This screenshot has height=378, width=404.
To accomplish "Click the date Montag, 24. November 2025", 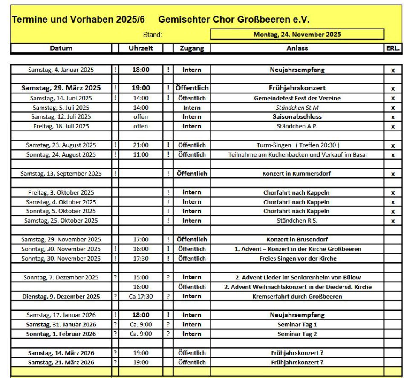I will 297,35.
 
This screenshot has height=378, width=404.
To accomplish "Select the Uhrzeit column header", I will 141,48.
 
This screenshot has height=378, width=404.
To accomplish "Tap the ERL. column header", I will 392,48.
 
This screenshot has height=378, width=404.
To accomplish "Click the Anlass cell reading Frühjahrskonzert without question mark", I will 297,88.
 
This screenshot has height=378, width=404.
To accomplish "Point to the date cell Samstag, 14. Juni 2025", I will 61,98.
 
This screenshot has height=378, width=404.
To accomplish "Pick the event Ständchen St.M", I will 297,108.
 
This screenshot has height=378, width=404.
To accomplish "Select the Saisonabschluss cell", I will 297,117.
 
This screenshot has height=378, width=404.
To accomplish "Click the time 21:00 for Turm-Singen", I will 141,145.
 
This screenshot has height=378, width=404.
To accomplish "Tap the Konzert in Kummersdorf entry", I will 297,174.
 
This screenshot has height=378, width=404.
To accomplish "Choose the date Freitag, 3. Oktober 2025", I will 61,192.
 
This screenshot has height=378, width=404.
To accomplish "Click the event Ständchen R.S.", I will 297,221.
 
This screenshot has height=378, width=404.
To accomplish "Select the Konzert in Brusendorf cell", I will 297,239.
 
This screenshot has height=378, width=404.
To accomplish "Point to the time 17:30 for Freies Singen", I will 141,258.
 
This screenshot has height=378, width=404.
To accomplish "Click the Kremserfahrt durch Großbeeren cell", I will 297,296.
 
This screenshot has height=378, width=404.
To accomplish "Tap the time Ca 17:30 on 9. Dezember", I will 141,296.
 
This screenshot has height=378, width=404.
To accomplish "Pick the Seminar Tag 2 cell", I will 297,334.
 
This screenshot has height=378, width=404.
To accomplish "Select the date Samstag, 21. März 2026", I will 61,362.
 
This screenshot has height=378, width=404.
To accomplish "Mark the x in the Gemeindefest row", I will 392,98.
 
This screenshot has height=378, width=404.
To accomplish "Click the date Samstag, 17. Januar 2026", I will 61,315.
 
